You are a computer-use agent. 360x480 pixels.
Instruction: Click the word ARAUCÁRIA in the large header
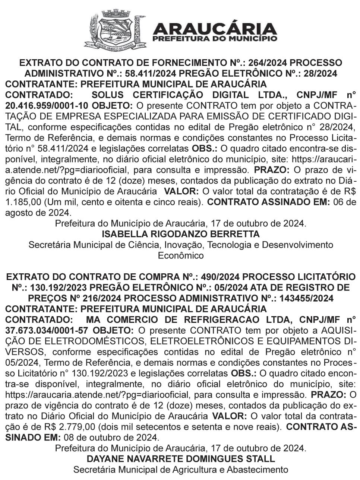215,28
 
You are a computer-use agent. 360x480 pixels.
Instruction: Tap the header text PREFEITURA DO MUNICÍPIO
215,38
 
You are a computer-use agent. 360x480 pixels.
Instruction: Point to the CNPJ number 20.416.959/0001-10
47,105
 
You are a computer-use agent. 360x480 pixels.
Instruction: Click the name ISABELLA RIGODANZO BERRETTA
180,234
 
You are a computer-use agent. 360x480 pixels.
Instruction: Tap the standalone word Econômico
181,256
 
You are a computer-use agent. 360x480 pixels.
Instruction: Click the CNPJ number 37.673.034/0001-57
47,330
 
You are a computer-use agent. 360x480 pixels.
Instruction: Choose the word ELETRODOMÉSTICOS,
76,341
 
